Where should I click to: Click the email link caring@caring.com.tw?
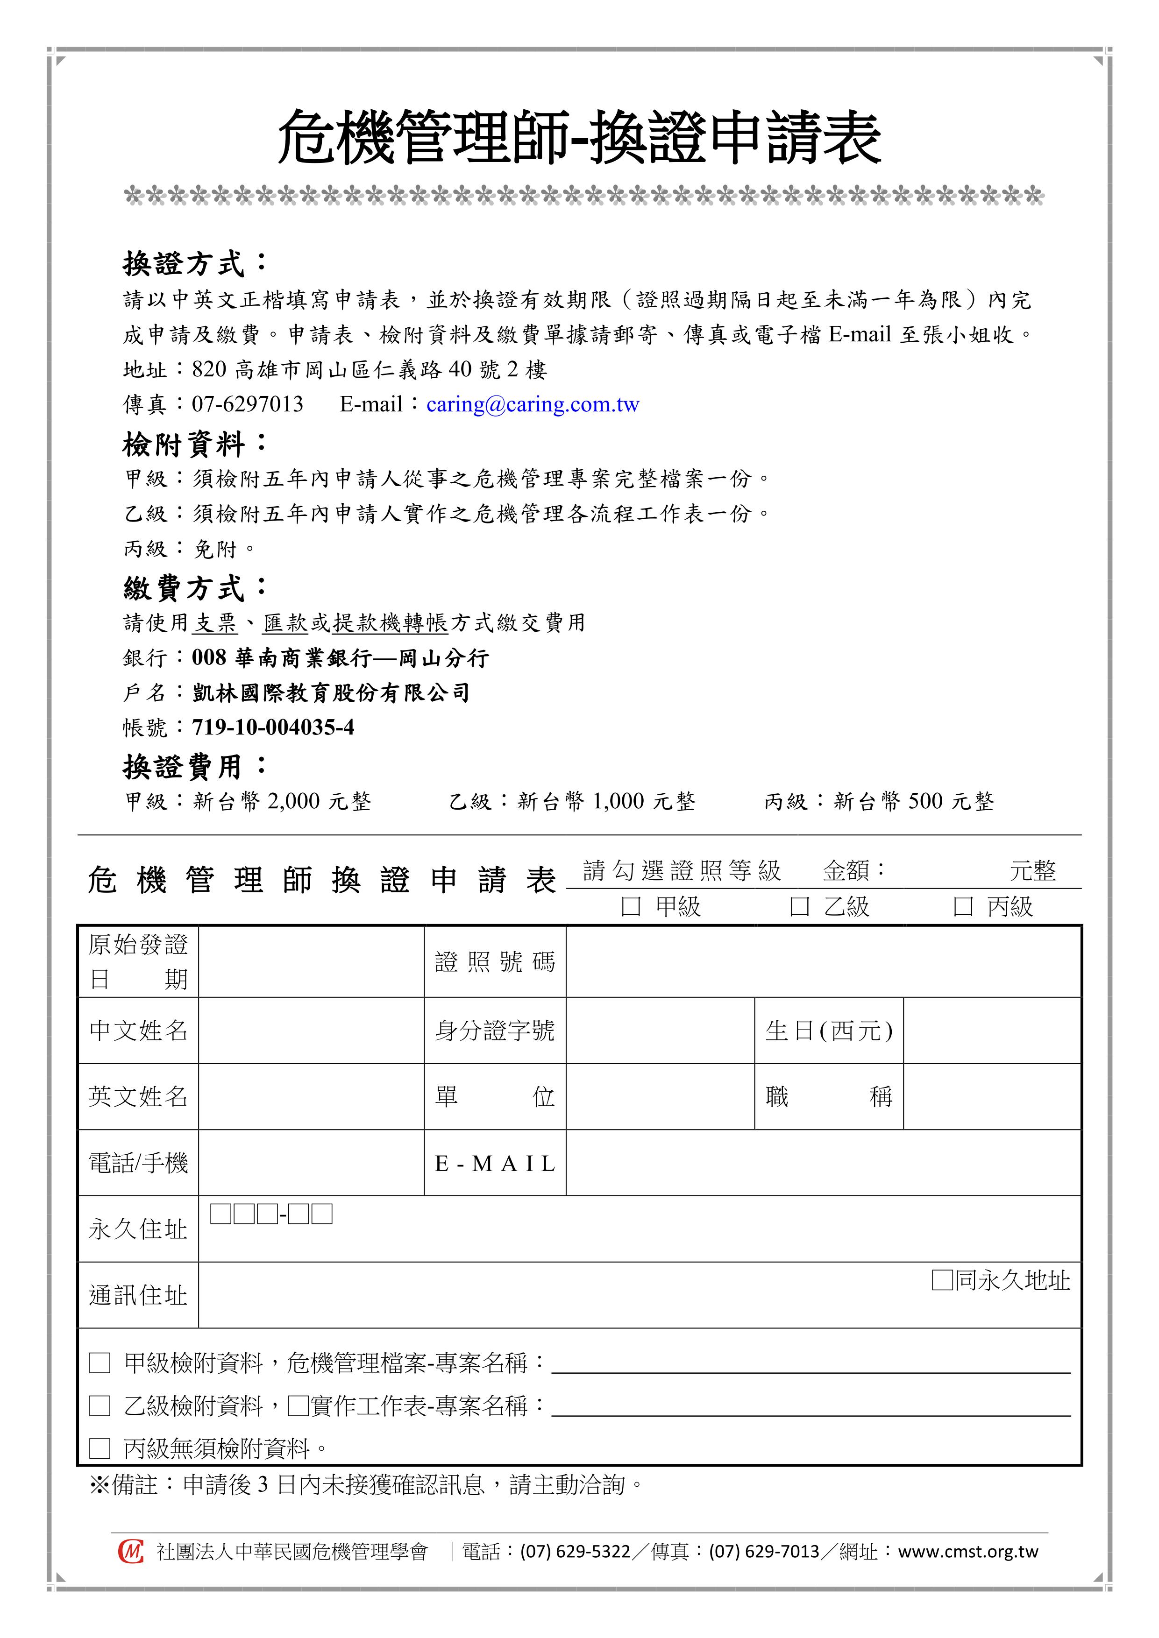click(533, 404)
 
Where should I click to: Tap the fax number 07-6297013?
click(247, 404)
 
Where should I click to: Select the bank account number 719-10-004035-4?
click(273, 727)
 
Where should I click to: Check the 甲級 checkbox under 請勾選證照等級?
click(631, 907)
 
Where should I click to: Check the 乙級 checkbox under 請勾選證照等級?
click(799, 907)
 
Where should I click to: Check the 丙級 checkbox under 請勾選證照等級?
click(963, 907)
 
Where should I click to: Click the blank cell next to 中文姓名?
click(311, 1030)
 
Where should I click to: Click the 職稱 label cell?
click(829, 1096)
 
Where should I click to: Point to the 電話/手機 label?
click(138, 1164)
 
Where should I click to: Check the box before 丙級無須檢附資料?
click(100, 1448)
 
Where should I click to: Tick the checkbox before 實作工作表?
click(298, 1406)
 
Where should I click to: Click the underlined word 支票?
click(215, 623)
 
